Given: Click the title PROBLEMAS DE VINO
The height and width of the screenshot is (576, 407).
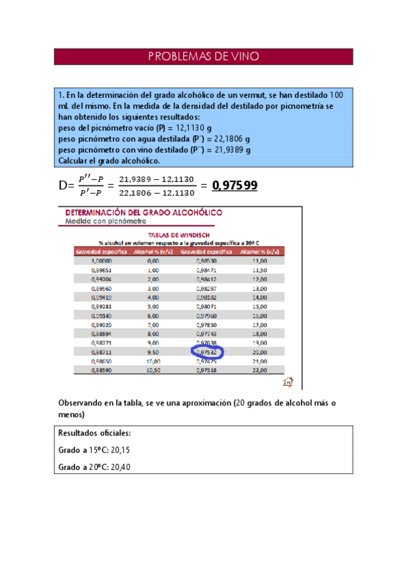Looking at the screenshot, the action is pos(203,56).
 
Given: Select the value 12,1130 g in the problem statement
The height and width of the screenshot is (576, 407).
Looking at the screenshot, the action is pos(194,128).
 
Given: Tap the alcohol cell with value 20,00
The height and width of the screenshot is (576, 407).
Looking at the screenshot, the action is pos(259,353).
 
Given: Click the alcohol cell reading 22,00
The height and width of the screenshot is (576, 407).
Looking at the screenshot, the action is pos(259,371).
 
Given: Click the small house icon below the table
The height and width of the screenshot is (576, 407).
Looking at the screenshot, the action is pos(287,381).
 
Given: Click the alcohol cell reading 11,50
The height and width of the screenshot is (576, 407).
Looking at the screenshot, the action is pos(259,270).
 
